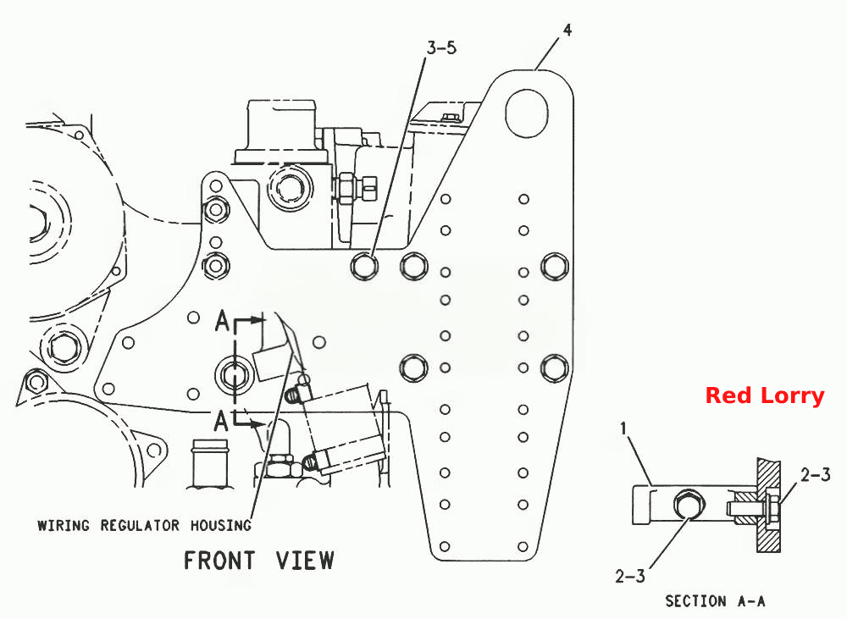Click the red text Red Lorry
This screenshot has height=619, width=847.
764,395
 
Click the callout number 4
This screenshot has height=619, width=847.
567,30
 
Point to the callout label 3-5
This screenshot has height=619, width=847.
441,48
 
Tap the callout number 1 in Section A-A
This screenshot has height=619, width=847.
623,428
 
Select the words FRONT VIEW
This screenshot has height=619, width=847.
258,560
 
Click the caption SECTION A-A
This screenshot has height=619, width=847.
715,600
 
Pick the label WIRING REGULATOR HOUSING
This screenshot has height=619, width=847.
144,525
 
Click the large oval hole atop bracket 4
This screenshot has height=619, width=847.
526,113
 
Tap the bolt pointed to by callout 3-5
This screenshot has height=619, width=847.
364,266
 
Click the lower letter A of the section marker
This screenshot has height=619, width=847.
221,421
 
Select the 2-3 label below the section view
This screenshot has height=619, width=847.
630,577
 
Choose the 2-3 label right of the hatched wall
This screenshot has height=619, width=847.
815,475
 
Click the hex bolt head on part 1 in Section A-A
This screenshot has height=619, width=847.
689,505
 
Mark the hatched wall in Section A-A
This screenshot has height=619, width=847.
768,505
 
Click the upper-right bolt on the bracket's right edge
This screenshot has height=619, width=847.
555,266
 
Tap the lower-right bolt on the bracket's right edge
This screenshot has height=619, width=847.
555,368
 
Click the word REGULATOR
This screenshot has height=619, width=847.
140,525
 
